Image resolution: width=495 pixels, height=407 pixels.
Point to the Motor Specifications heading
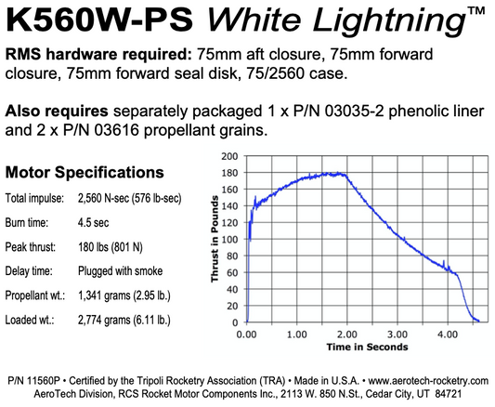tap(85, 172)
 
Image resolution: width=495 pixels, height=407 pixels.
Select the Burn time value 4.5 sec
tap(98, 224)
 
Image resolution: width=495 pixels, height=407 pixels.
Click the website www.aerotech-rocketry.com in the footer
tap(429, 381)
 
